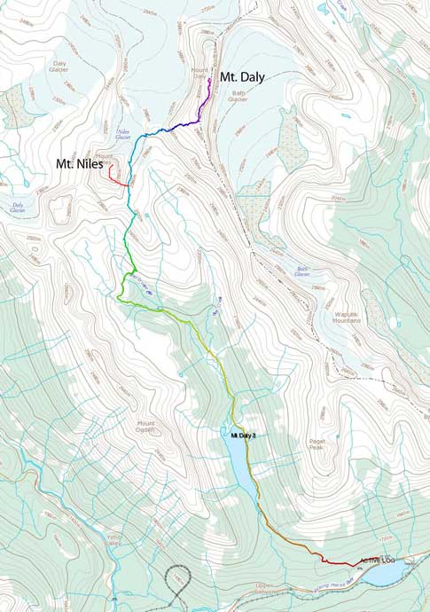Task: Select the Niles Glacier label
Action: click(124, 136)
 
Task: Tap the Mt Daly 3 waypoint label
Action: click(238, 435)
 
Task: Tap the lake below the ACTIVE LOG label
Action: click(386, 576)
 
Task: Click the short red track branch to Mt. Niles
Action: click(116, 177)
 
